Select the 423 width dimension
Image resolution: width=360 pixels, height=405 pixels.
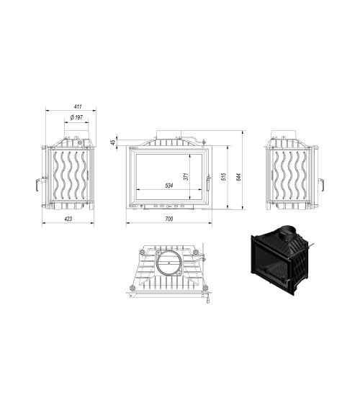(68, 217)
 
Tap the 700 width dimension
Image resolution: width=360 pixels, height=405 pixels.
(168, 217)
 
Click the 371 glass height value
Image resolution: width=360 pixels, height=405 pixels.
(185, 176)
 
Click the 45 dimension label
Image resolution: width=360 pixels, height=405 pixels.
(114, 142)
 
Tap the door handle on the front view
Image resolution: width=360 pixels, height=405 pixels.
(208, 182)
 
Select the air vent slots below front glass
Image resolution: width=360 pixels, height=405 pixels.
(168, 206)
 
